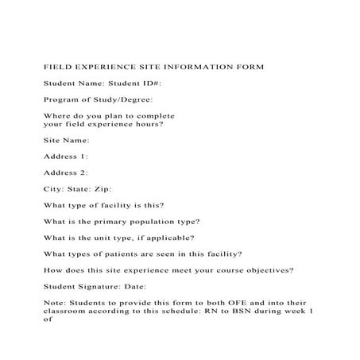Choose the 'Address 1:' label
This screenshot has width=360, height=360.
coord(66,156)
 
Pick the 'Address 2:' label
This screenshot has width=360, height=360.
coord(66,172)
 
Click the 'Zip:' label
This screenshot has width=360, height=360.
coord(104,189)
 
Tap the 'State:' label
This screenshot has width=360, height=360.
coord(79,189)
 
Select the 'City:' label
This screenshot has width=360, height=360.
coord(54,189)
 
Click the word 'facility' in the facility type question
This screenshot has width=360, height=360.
coord(114,205)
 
